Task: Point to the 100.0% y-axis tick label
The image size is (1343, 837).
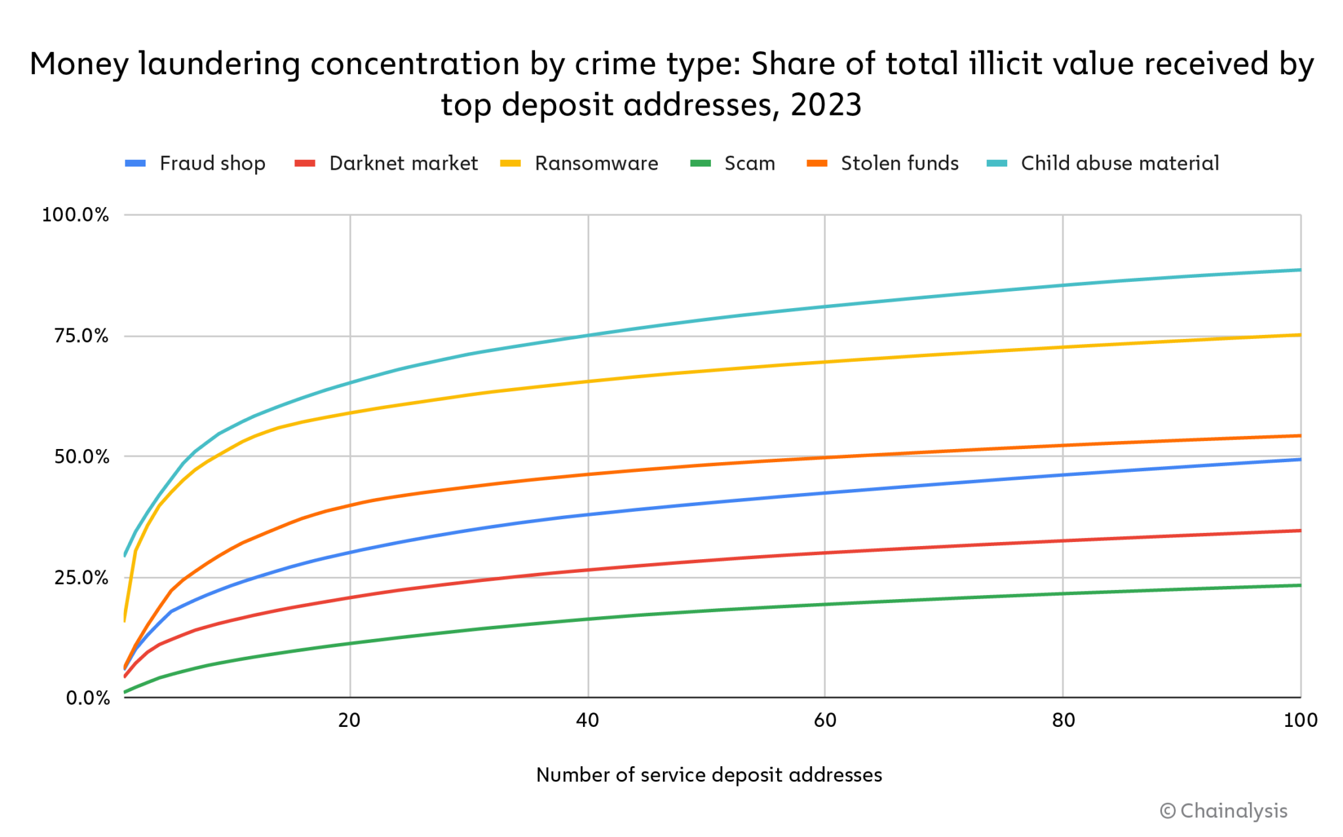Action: [75, 215]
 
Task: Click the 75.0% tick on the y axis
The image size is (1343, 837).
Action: [81, 336]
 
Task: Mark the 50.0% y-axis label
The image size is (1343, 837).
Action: [81, 457]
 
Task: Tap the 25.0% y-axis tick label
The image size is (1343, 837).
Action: [81, 577]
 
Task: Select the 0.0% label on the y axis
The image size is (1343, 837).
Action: [88, 698]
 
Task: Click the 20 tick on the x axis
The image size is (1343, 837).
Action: [350, 720]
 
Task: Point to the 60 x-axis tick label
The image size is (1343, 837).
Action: [825, 720]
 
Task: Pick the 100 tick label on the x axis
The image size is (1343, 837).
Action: [1300, 720]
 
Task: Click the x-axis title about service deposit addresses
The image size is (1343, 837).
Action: [709, 775]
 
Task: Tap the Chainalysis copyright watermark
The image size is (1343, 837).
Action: [1224, 811]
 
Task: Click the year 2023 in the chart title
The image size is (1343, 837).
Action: [826, 105]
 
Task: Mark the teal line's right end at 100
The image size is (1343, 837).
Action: [1300, 270]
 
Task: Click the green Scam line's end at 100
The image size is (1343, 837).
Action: [1300, 585]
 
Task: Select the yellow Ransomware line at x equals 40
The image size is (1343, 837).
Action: [588, 381]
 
